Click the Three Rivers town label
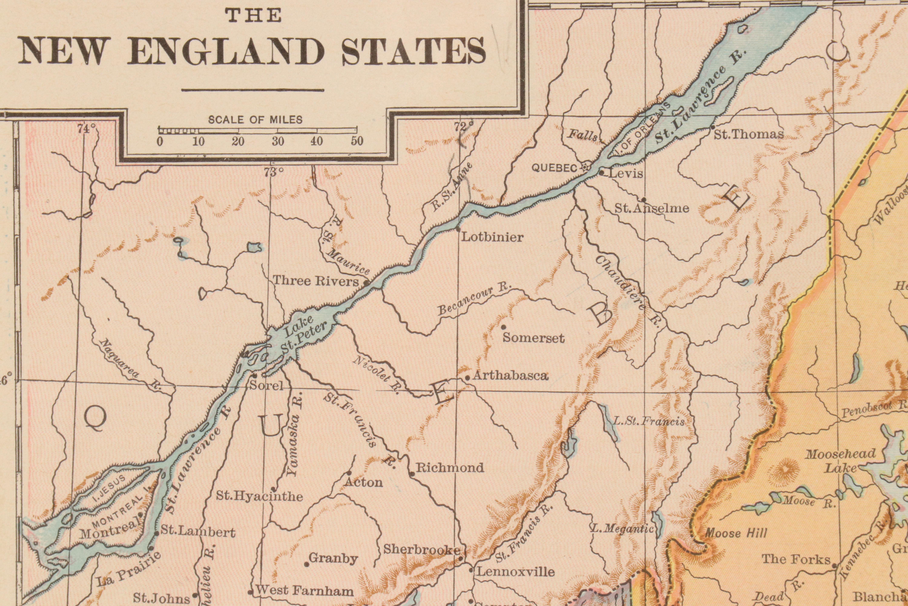coord(316,281)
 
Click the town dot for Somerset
coord(503,327)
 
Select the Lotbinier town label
coord(492,237)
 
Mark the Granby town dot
coord(307,564)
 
